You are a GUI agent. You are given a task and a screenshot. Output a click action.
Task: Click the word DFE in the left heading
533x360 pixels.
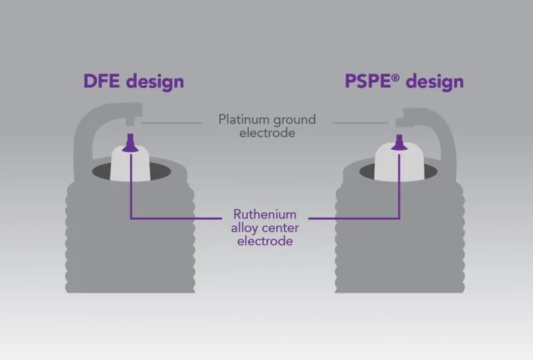[x=101, y=81]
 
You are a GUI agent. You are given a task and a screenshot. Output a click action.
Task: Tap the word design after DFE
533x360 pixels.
[x=155, y=83]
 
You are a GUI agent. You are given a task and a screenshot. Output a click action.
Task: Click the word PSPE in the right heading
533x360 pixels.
[x=367, y=81]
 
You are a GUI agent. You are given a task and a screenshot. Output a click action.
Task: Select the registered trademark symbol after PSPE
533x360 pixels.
[x=396, y=78]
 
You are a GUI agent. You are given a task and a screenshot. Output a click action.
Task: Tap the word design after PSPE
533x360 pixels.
[x=434, y=83]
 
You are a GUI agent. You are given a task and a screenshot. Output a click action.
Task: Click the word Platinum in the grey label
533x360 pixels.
[x=244, y=119]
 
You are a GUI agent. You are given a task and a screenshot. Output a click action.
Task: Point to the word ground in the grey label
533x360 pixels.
[x=294, y=121]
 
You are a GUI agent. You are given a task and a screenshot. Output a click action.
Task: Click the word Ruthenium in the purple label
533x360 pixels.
[x=265, y=214]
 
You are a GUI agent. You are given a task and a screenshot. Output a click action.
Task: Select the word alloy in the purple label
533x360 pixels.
[x=244, y=228]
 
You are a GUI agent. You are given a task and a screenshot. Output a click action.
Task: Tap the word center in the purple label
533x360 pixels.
[x=280, y=228]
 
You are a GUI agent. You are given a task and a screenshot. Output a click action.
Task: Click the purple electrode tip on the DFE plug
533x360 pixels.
[x=130, y=143]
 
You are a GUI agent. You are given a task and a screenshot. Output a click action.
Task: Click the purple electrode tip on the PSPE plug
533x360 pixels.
[x=400, y=143]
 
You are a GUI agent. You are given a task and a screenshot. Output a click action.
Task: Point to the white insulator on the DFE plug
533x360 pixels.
[x=130, y=164]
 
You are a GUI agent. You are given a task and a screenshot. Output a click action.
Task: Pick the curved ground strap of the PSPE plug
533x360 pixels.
[x=445, y=129]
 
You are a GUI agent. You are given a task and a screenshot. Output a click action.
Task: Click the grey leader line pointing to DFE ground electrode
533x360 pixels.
[x=172, y=123]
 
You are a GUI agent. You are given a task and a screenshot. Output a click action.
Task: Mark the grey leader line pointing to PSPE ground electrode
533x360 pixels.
[x=360, y=123]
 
